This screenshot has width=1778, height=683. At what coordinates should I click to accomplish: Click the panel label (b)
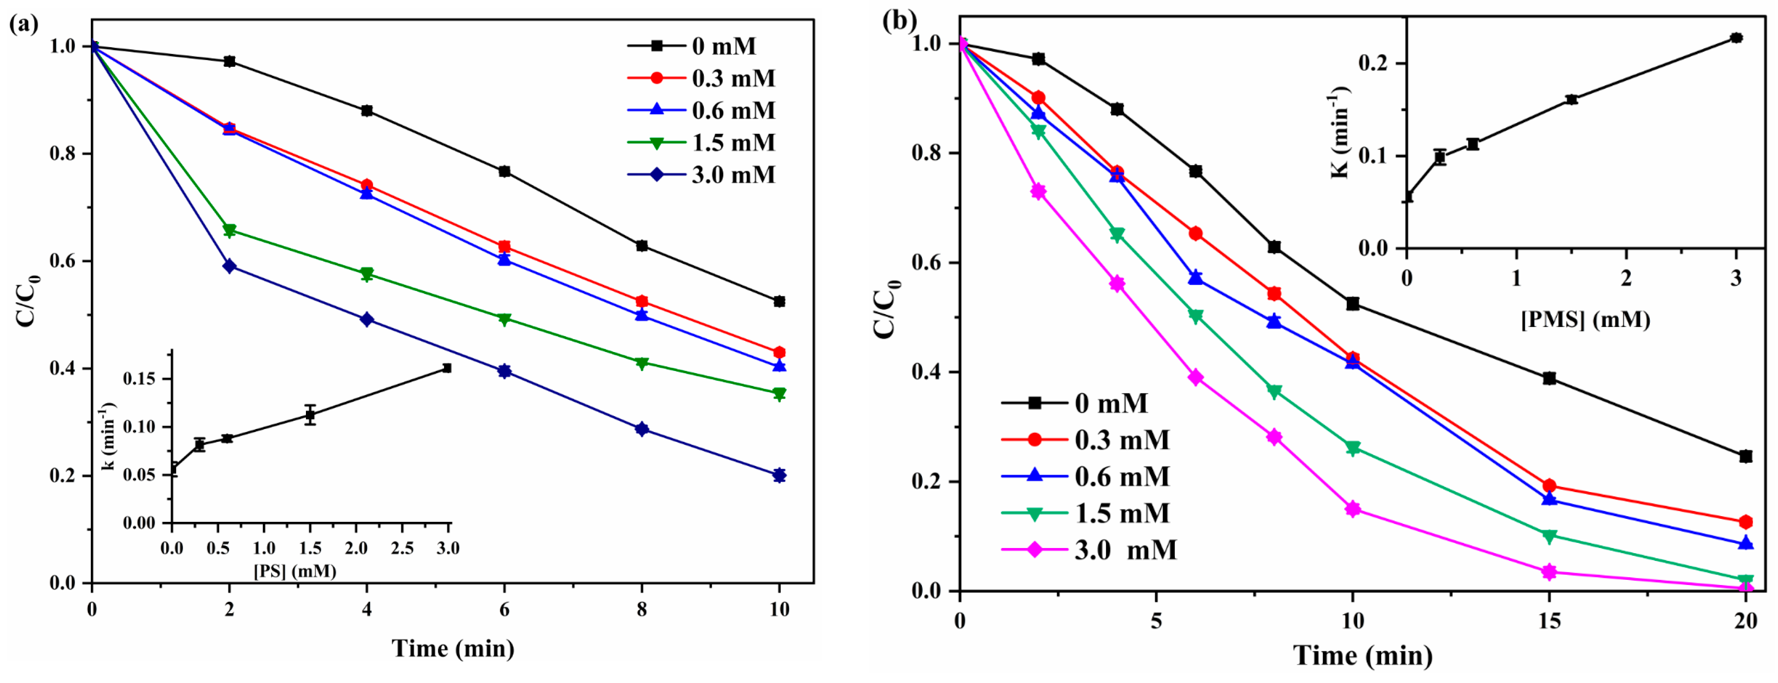899,20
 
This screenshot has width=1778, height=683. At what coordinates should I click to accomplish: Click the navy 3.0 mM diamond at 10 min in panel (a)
779,475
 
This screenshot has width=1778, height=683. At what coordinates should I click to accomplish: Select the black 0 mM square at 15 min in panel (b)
1549,378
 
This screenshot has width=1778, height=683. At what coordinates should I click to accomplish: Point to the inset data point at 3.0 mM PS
447,368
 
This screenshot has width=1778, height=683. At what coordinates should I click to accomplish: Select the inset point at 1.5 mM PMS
1572,100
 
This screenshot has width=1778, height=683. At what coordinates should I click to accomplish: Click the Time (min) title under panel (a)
453,649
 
